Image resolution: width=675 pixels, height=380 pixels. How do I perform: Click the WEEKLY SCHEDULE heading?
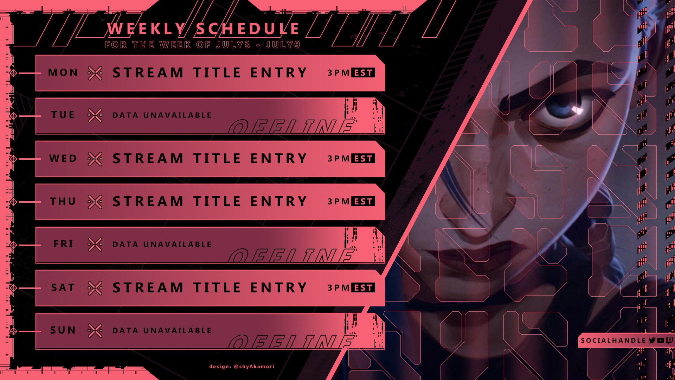[x=203, y=29]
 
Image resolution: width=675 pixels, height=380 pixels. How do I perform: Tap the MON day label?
[x=63, y=73]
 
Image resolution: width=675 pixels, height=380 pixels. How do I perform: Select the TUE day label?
[x=63, y=115]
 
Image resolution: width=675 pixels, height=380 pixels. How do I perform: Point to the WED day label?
[x=63, y=159]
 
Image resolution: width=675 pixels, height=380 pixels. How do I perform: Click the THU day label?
[x=63, y=202]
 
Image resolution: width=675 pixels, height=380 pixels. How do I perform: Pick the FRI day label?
[x=63, y=244]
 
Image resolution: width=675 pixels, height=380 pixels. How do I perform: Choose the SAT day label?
[x=63, y=288]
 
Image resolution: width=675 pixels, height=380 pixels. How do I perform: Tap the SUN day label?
[x=63, y=330]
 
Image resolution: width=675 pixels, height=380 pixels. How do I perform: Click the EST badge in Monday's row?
[x=363, y=73]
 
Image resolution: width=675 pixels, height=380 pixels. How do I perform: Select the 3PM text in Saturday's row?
[x=339, y=288]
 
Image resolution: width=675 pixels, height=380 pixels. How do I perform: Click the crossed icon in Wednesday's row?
[x=95, y=159]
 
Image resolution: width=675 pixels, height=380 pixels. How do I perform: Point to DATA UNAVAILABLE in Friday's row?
[x=162, y=245]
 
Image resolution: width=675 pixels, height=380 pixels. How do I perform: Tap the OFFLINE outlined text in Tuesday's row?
[x=292, y=127]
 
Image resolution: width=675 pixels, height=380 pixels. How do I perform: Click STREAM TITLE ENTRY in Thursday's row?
[x=210, y=202]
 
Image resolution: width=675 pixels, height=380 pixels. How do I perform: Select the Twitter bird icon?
[x=652, y=340]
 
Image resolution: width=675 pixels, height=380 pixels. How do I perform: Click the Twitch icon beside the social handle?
[x=669, y=340]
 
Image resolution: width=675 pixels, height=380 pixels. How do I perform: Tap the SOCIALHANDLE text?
[x=613, y=341]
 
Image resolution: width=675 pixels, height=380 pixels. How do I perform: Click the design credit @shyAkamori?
[x=242, y=367]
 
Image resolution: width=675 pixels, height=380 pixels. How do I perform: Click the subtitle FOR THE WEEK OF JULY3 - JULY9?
[x=202, y=45]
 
